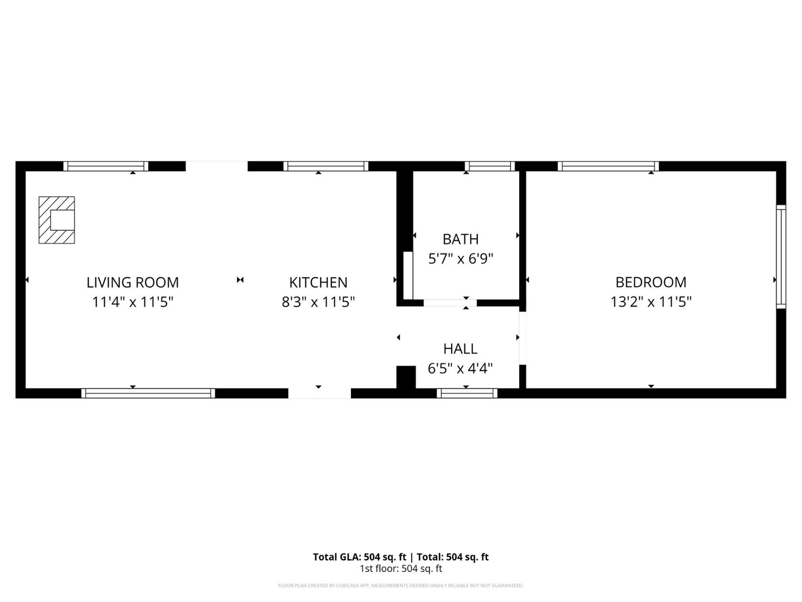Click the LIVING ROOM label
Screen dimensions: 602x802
[x=133, y=283]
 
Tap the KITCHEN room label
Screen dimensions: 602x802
[x=318, y=283]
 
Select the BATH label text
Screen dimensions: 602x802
[x=461, y=239]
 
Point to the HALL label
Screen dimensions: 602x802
[x=460, y=349]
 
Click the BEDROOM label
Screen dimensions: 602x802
[x=651, y=282]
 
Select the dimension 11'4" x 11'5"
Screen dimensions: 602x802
[x=133, y=302]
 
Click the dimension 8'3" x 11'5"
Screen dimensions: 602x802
[x=318, y=302]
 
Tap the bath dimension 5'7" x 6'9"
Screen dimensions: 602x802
[x=461, y=259]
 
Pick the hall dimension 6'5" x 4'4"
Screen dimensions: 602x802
[x=460, y=368]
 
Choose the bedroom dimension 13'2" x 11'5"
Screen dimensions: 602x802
[x=651, y=302]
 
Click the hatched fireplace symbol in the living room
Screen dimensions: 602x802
[x=56, y=220]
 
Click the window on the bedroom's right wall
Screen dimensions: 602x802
[x=781, y=256]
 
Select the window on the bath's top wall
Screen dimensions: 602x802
[x=490, y=166]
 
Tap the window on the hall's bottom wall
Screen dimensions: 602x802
[x=467, y=393]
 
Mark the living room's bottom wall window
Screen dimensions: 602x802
[x=148, y=393]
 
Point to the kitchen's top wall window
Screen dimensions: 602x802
[x=326, y=166]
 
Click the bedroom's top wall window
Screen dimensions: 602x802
[x=608, y=166]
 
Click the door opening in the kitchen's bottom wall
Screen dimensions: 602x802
[x=319, y=393]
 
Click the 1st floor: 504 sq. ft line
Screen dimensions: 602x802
[x=400, y=569]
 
